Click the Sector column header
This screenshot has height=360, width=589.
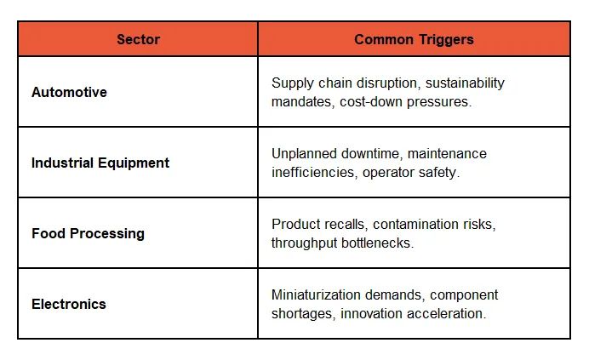[x=137, y=39]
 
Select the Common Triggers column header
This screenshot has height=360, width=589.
[x=414, y=39]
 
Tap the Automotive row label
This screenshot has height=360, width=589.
[x=69, y=92]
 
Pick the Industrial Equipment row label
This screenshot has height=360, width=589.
[x=100, y=163]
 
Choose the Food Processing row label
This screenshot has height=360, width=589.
[x=88, y=233]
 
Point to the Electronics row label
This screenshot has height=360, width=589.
[x=70, y=304]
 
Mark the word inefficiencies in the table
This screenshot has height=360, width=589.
[x=310, y=172]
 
